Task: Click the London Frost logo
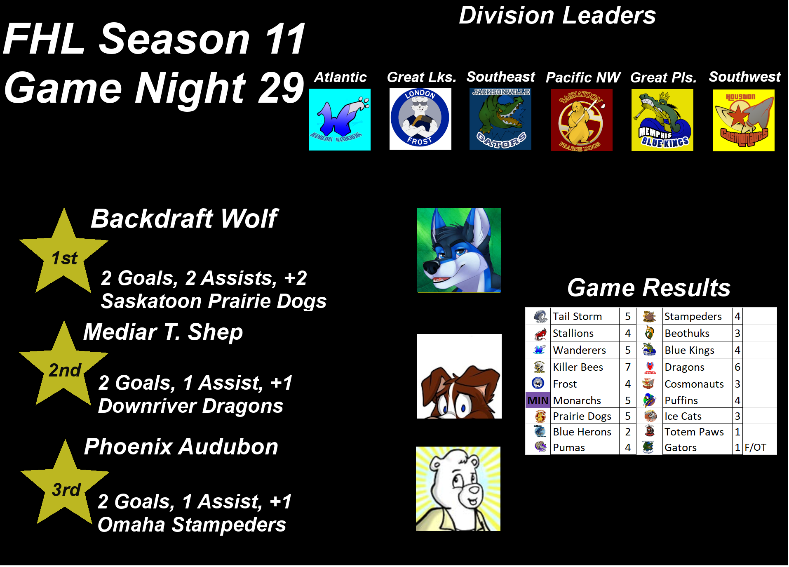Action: (x=420, y=119)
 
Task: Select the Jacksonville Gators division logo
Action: (x=500, y=119)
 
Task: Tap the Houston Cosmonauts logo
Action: (x=744, y=120)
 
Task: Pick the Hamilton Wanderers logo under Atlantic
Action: (x=340, y=120)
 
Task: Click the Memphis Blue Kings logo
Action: (x=662, y=120)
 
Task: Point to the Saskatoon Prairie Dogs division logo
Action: (x=582, y=120)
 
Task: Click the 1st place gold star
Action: (x=63, y=254)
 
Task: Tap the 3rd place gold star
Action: (x=65, y=485)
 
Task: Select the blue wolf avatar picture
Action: (x=459, y=250)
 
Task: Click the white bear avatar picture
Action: (x=458, y=489)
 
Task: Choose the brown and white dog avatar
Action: (x=459, y=376)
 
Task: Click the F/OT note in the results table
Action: (x=755, y=447)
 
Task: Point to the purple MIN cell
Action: (x=538, y=400)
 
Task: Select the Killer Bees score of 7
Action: (x=628, y=367)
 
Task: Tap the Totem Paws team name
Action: (x=694, y=432)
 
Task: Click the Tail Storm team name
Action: (x=577, y=316)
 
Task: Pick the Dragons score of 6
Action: (x=737, y=367)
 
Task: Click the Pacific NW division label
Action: (x=583, y=78)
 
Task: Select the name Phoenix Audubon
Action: (x=181, y=447)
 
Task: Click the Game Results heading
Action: (x=649, y=287)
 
